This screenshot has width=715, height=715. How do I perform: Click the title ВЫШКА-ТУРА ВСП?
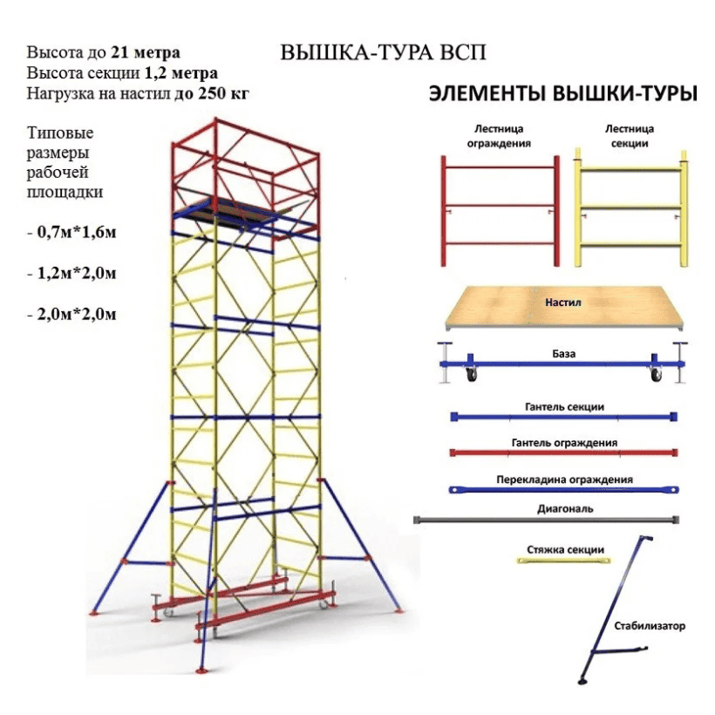(383, 53)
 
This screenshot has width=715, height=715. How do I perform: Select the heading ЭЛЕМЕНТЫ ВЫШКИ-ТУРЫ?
(563, 94)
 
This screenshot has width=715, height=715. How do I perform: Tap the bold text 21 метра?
(146, 53)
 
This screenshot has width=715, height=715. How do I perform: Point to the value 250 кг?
(223, 93)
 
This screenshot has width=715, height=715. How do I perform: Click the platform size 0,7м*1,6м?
(77, 233)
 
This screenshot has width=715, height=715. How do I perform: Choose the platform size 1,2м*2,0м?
(77, 274)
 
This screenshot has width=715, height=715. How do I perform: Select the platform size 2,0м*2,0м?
(77, 315)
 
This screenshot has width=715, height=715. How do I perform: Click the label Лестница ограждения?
(499, 136)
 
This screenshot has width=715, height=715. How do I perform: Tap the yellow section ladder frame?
(630, 208)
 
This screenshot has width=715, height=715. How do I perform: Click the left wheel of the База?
(472, 375)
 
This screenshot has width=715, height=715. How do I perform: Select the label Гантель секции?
(564, 406)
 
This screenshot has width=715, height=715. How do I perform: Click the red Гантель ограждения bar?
(563, 453)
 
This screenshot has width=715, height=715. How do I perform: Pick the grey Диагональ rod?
(547, 520)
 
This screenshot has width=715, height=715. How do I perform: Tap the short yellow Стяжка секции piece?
(563, 561)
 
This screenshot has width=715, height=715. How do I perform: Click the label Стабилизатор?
(650, 626)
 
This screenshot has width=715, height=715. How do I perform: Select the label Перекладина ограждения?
(564, 480)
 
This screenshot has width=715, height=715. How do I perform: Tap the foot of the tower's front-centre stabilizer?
(201, 671)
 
